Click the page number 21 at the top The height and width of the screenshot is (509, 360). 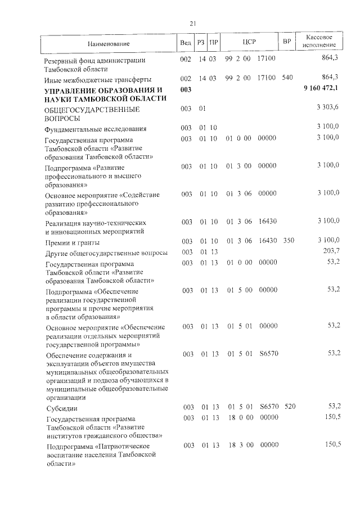[192, 24]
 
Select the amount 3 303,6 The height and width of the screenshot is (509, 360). [327, 108]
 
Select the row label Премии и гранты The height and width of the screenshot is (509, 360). [73, 242]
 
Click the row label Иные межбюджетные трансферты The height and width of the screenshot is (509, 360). [98, 79]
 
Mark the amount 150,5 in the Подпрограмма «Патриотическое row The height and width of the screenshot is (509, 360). [330, 444]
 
